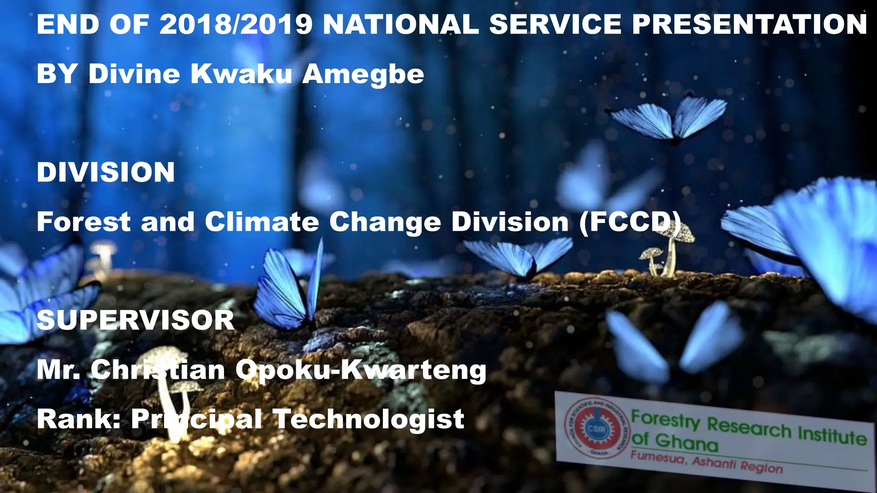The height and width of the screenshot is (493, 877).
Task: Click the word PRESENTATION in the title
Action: (749, 24)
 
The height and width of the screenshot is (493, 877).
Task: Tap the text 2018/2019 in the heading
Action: (236, 24)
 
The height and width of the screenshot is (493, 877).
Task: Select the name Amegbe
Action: (363, 74)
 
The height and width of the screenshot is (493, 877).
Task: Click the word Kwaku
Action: (241, 74)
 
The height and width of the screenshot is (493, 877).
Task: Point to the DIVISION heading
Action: (106, 172)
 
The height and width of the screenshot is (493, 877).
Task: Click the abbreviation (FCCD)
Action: (629, 223)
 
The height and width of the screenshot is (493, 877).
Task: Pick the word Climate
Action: (262, 222)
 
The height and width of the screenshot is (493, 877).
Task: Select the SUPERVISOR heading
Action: (135, 320)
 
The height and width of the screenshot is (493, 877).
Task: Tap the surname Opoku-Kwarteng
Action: (361, 371)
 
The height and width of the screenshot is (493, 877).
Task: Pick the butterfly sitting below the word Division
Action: (518, 257)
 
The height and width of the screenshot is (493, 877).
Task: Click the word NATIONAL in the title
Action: (401, 24)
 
